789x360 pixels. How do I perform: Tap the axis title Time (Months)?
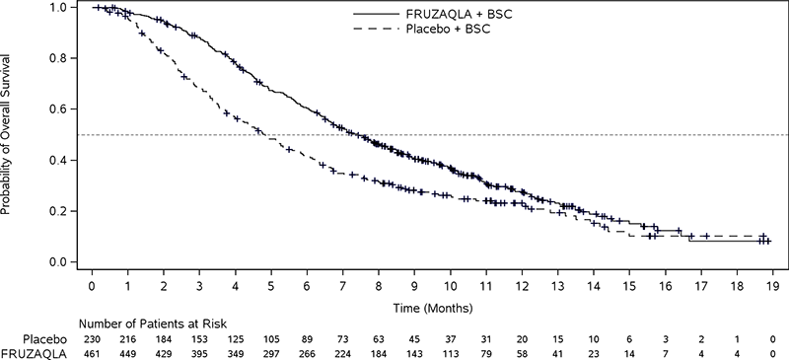(x=431, y=307)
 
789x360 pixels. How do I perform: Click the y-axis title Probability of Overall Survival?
(x=9, y=134)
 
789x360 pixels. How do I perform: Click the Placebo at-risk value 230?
(x=92, y=337)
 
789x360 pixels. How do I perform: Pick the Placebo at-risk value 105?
(x=270, y=337)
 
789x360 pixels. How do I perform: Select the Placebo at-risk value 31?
(x=484, y=337)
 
